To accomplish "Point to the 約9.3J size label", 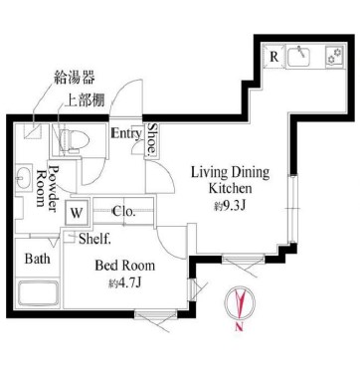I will point(229,206).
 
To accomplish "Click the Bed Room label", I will point(124,266).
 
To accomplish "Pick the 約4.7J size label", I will point(124,283).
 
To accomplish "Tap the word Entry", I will point(125,133).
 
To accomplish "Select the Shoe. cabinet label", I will point(152,139).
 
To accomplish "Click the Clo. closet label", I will point(123,211).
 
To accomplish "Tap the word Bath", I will point(38,260).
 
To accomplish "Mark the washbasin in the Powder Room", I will point(23,179).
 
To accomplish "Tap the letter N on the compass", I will point(239,329).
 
